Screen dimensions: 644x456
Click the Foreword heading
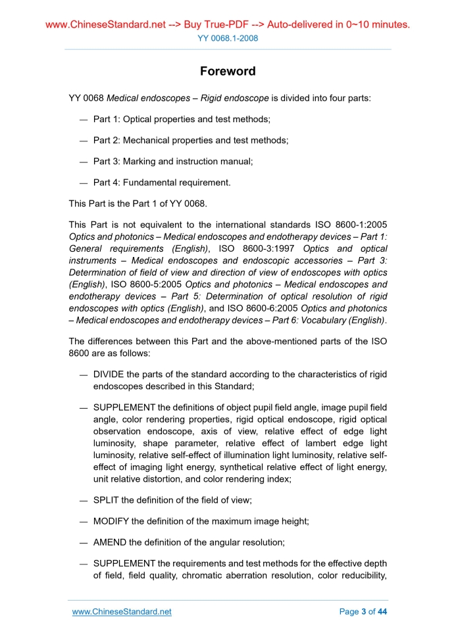pos(228,71)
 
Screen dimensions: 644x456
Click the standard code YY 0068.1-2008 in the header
pos(228,38)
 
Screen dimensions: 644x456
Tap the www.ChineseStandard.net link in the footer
pos(122,612)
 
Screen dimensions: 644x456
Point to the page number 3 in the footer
pos(364,612)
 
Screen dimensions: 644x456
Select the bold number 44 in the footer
pos(382,612)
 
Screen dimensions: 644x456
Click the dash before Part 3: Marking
pos(84,162)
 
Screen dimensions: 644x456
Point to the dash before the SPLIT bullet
pos(84,500)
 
